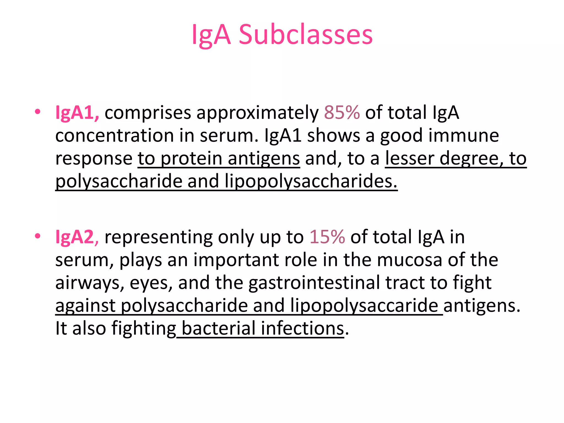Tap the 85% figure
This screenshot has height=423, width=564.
[x=342, y=113]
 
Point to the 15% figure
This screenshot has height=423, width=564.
[x=327, y=237]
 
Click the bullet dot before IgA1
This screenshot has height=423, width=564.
[x=38, y=112]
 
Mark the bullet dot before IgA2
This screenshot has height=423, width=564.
[x=38, y=236]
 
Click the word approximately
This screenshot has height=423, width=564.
[x=257, y=113]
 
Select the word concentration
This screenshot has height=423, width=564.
[x=114, y=135]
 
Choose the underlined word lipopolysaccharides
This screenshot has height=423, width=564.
[x=311, y=181]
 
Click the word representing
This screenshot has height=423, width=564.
[x=158, y=237]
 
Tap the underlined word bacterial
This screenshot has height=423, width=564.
[x=218, y=328]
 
